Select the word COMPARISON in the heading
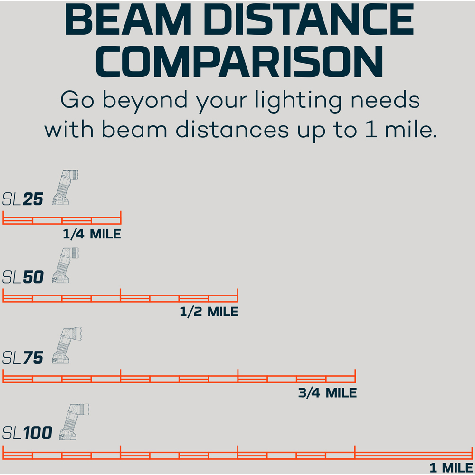point(239,62)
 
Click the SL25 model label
point(23,199)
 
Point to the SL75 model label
point(23,358)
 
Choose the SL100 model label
point(27,433)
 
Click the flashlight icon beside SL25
point(65,188)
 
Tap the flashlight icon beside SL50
point(65,266)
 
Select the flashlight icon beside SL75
point(66,345)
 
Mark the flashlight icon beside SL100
point(74,422)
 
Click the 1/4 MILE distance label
point(92,234)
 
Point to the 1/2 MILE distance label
point(209,312)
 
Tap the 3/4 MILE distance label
point(327,393)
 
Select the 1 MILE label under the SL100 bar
point(451,468)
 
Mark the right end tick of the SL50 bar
point(238,295)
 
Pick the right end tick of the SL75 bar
point(355,376)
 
